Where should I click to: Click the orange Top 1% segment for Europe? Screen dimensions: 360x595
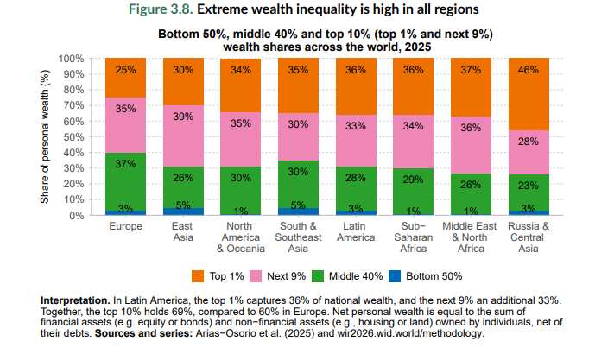(x=125, y=78)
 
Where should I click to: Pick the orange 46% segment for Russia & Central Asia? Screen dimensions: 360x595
(x=529, y=94)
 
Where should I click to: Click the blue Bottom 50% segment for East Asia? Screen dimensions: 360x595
(x=183, y=211)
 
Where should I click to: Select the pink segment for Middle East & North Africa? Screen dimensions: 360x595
(x=471, y=145)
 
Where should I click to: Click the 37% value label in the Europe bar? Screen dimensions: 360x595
(x=125, y=164)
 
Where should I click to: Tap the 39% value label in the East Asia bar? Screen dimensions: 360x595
(x=183, y=116)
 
